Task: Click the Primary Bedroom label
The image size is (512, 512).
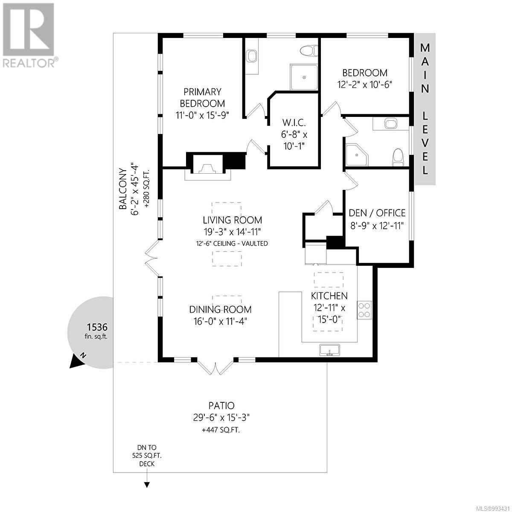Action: click(202, 97)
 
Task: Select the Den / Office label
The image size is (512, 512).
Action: click(377, 213)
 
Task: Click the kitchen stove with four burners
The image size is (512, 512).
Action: click(365, 310)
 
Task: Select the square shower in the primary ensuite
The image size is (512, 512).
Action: click(304, 77)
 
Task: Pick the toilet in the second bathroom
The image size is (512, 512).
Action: click(398, 157)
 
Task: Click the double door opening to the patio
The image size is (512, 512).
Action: click(215, 367)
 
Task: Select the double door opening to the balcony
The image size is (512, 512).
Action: click(152, 259)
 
